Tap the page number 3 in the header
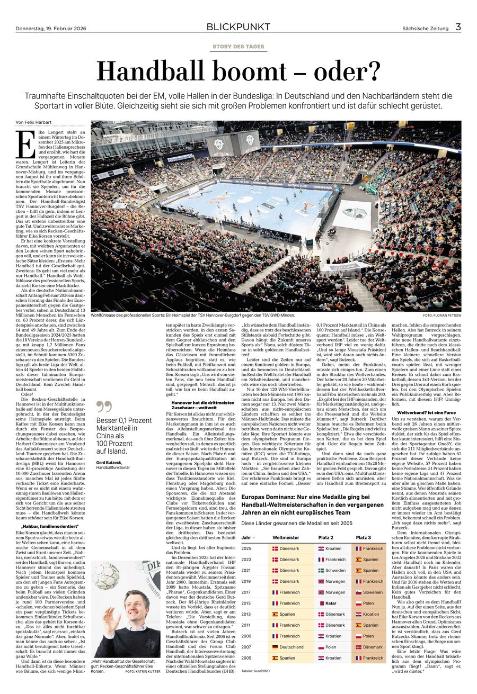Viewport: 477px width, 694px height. coord(458,26)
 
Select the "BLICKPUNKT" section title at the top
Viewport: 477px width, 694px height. coord(238,27)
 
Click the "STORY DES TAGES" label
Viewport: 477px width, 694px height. coord(238,47)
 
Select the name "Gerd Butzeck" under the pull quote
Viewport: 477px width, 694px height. coord(108,462)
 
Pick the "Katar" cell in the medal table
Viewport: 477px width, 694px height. coord(331,603)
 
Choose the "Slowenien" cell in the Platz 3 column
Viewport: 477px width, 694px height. coord(373,592)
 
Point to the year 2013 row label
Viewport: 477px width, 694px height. coord(246,614)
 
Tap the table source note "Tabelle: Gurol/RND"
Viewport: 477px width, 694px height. coord(256,671)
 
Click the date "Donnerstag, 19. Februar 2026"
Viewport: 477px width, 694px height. coord(51,28)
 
